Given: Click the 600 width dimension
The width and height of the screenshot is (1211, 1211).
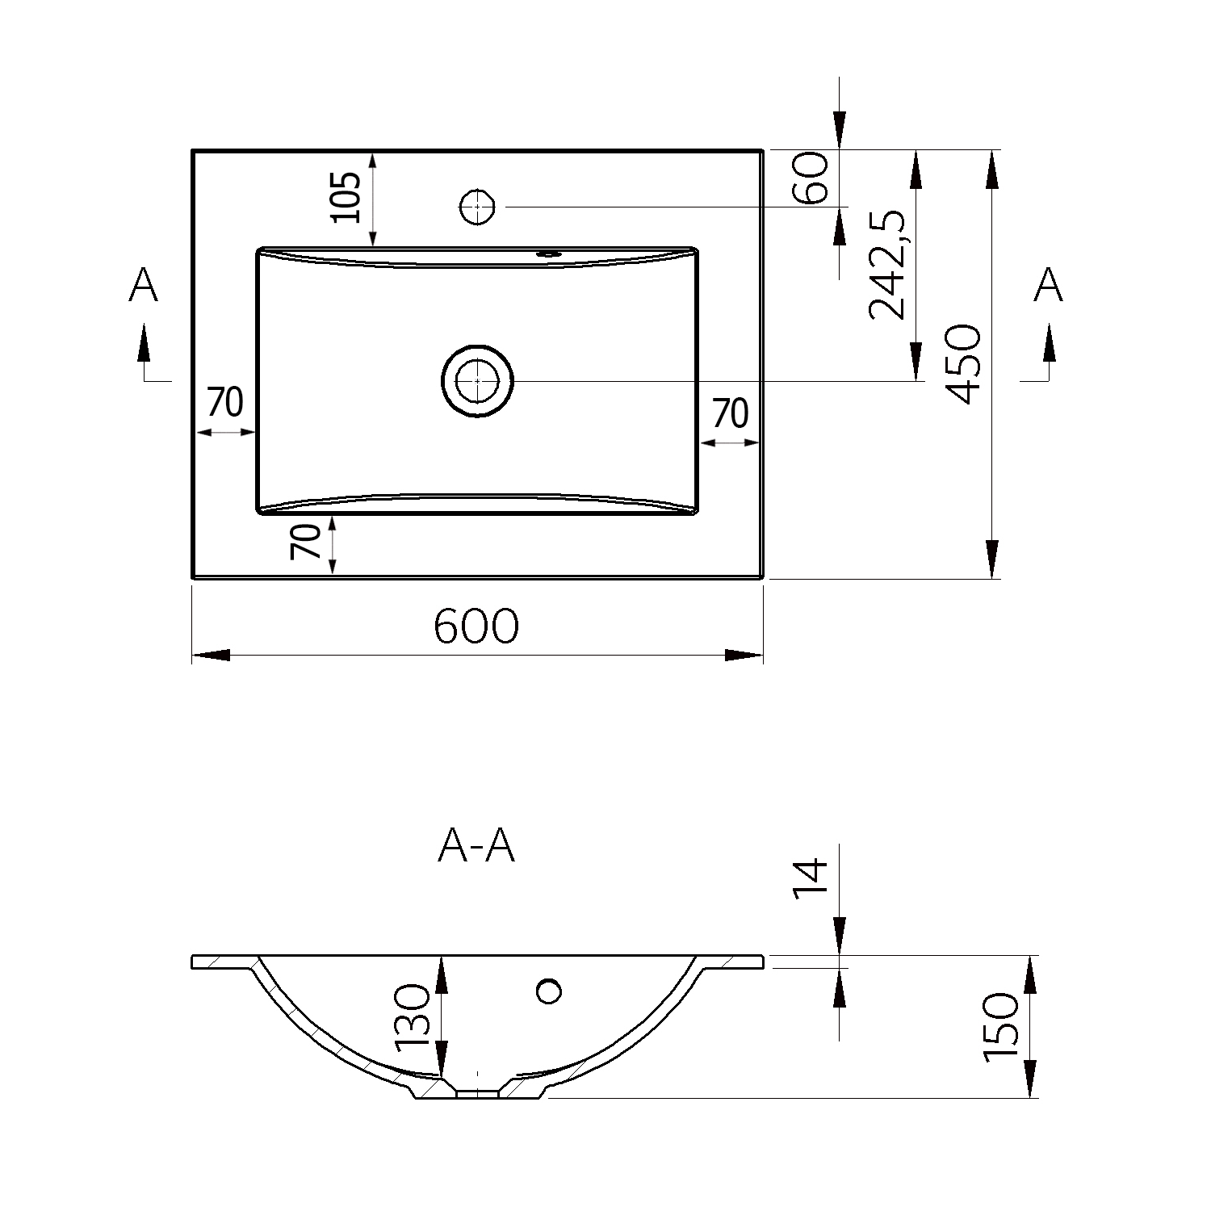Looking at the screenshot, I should (x=476, y=626).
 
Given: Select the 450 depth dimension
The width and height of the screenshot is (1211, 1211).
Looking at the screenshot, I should (x=964, y=364).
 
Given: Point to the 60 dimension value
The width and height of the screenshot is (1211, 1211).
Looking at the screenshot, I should (x=812, y=178).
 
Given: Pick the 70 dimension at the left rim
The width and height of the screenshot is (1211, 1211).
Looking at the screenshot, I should (x=225, y=402).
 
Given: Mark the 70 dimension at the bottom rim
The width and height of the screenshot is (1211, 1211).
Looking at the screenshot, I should (x=306, y=542).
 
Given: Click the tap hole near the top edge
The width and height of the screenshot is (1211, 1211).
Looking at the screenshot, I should (x=477, y=207).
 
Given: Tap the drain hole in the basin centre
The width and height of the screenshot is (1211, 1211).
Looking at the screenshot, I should (x=477, y=380).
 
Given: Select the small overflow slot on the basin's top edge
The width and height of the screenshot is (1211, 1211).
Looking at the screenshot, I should (x=550, y=254).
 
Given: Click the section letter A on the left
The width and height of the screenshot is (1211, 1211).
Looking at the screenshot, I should (x=143, y=286).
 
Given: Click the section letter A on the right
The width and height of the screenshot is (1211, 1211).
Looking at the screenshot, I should (x=1048, y=286).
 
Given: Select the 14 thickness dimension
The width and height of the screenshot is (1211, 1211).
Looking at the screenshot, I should (x=811, y=879).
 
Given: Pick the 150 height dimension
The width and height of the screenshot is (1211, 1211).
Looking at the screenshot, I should (x=1001, y=1027).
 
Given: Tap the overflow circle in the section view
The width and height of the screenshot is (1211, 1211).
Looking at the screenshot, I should (x=549, y=991).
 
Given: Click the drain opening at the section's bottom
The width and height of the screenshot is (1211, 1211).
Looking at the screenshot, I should (x=478, y=1094).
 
